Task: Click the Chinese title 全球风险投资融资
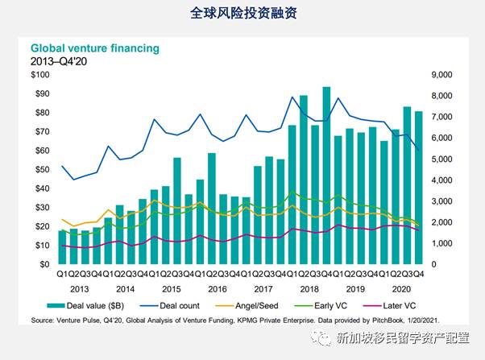click(242, 14)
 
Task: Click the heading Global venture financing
click(94, 48)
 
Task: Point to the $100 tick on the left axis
click(39, 75)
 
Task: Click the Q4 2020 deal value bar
click(419, 187)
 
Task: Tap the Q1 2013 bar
click(61, 246)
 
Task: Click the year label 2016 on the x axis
click(218, 288)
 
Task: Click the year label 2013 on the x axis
click(79, 288)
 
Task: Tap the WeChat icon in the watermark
click(323, 339)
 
